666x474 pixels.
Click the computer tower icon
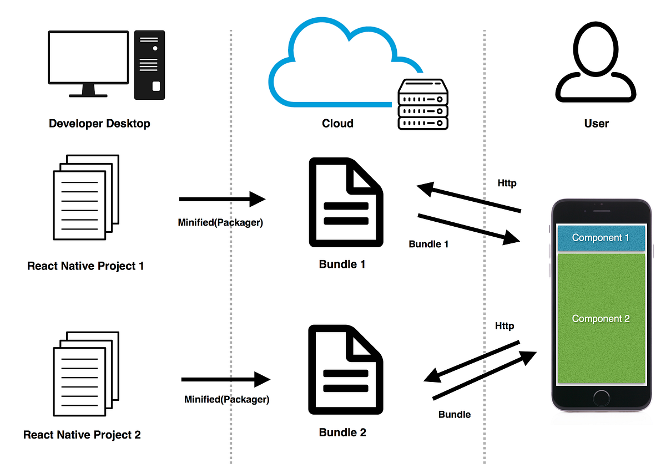coord(149,65)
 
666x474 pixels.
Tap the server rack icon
coord(423,104)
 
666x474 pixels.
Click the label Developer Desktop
coord(99,124)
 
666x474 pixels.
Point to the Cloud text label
coord(337,124)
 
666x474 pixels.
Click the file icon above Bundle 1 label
coord(346,202)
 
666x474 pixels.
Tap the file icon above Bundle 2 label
coord(346,370)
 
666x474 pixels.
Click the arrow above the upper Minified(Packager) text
coord(222,199)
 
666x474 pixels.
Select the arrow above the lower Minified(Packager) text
coord(225,380)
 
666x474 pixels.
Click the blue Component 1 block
coord(601,238)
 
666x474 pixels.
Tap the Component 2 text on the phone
coord(601,319)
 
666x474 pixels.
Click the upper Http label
coord(507,184)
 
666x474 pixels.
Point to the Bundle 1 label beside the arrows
coord(428,244)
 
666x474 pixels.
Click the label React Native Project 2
coord(82,435)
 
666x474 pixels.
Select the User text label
coord(596,124)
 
